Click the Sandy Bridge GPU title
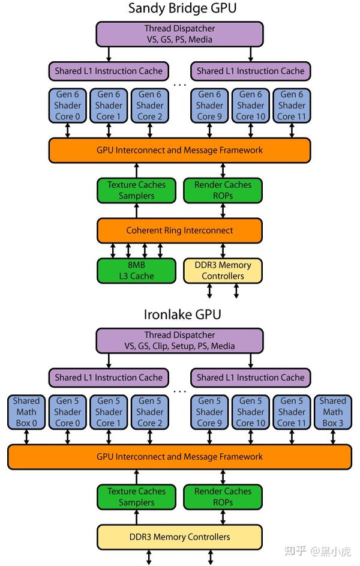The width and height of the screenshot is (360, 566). [x=179, y=9]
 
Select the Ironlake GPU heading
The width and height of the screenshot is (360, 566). [x=179, y=315]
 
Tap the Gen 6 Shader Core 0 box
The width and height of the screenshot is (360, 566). [x=67, y=105]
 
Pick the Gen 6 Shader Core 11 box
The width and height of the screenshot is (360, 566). [x=292, y=105]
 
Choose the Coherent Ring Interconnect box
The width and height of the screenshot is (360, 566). [x=179, y=230]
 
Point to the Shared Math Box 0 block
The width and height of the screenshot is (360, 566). [x=26, y=412]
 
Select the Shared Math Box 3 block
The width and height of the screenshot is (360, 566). [x=332, y=412]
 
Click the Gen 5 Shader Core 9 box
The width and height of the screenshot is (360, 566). [x=209, y=412]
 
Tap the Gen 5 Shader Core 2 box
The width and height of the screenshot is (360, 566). [x=150, y=412]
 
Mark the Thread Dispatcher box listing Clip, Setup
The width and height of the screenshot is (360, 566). [x=179, y=340]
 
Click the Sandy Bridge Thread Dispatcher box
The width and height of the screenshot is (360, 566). [x=179, y=34]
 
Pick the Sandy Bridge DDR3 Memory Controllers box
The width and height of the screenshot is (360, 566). [x=223, y=271]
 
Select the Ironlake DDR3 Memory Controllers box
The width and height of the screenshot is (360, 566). [x=179, y=537]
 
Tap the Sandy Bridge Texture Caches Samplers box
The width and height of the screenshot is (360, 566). [x=136, y=190]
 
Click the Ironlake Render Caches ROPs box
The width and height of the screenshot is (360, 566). [x=223, y=497]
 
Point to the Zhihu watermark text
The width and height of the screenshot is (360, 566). [x=318, y=551]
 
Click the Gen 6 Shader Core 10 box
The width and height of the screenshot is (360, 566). [x=251, y=105]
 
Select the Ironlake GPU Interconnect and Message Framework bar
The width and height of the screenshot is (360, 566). [x=179, y=457]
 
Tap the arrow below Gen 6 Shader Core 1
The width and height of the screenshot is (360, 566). [x=109, y=130]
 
